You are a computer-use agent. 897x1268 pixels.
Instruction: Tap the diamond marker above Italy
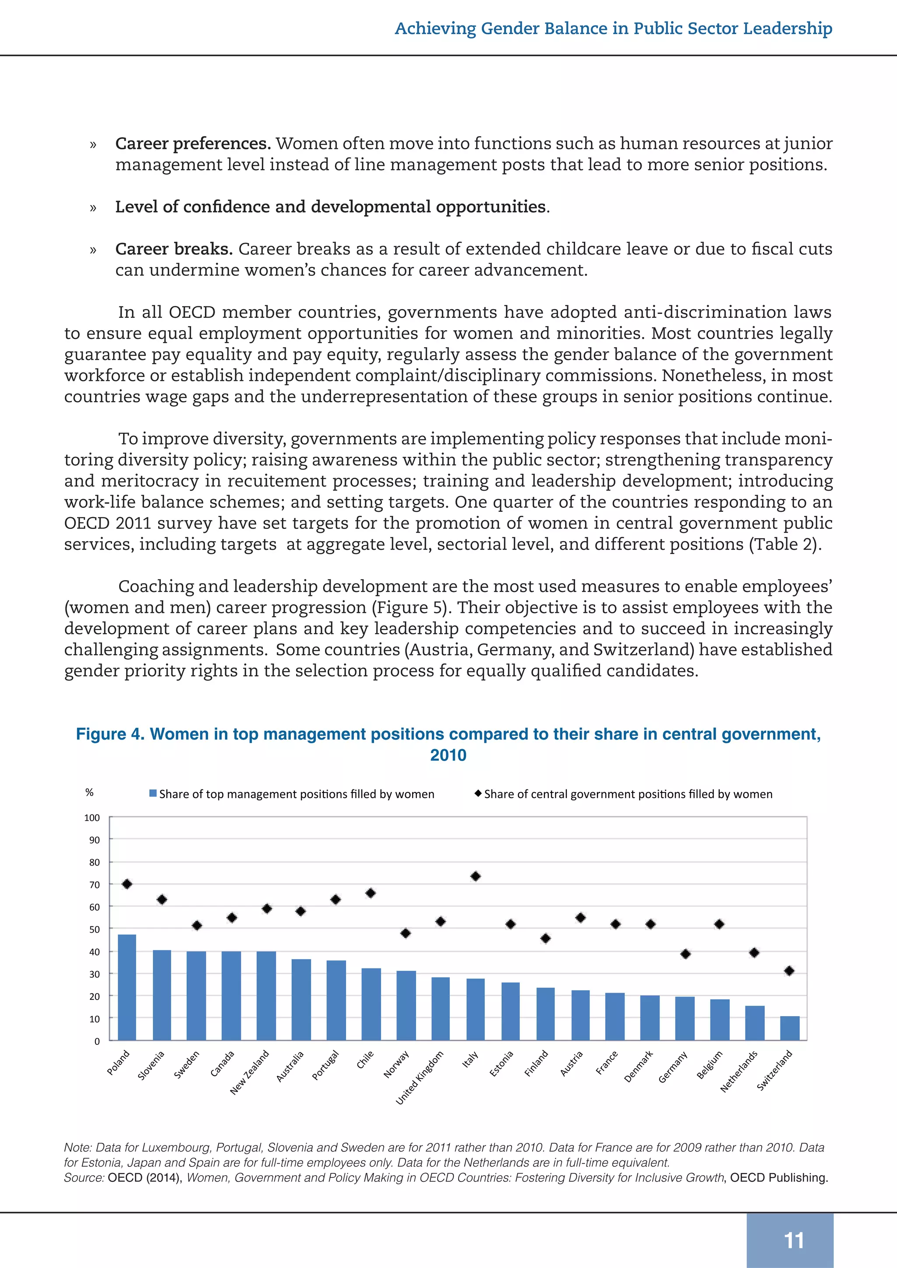point(476,877)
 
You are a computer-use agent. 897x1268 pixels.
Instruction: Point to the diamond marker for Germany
point(685,954)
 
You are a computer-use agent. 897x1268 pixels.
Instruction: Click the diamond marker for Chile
point(371,893)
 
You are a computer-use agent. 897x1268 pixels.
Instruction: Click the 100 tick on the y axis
point(92,818)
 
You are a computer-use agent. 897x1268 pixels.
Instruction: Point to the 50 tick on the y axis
point(95,930)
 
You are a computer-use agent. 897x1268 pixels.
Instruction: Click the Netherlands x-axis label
point(739,1071)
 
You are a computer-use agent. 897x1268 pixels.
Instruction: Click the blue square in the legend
point(153,794)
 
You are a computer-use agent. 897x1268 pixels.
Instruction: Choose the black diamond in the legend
point(478,794)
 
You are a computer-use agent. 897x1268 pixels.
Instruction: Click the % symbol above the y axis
point(89,792)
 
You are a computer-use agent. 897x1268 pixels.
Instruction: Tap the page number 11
point(794,1241)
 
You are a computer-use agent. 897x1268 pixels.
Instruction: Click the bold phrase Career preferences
point(193,144)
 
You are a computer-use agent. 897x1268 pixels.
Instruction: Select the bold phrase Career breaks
point(173,249)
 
